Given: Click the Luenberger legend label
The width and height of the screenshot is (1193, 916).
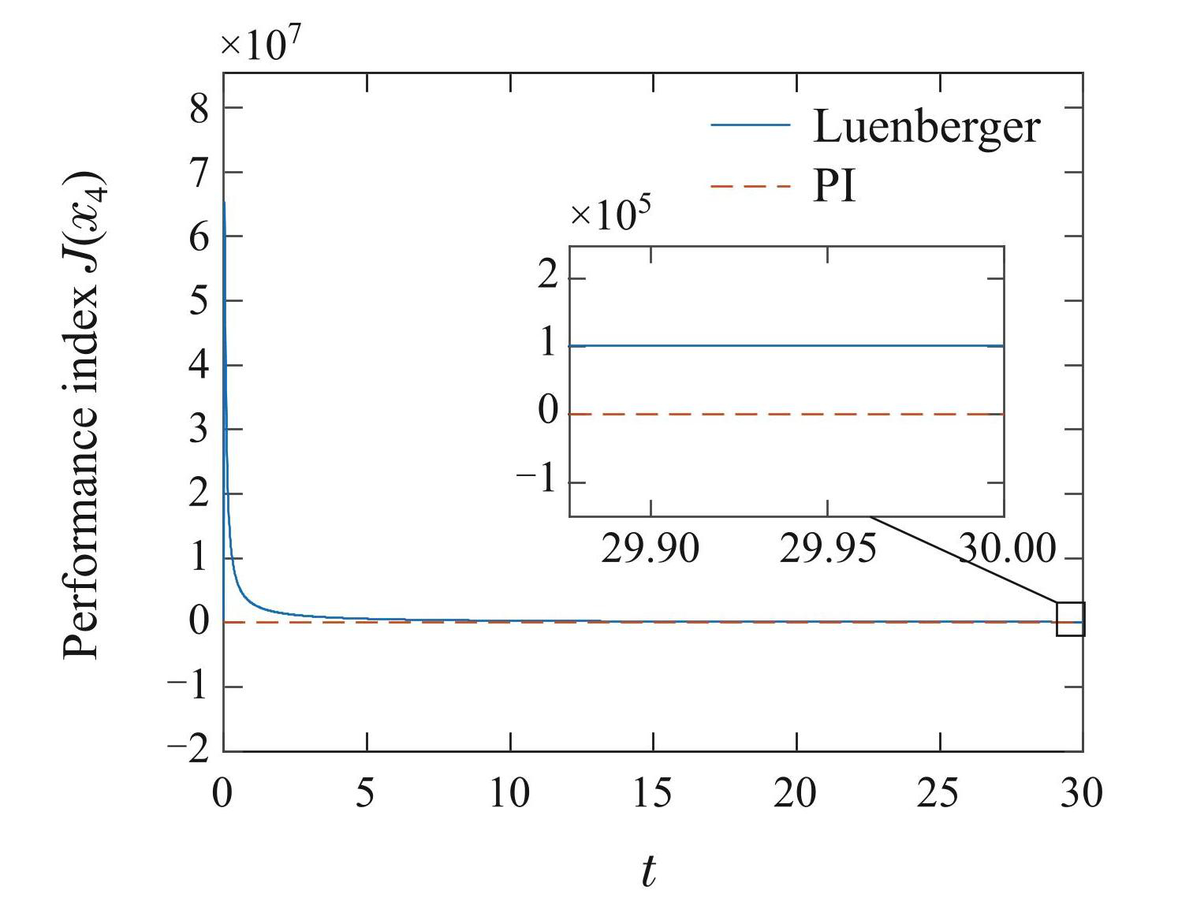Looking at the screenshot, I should point(926,126).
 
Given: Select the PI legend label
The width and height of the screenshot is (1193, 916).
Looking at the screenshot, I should point(834,188).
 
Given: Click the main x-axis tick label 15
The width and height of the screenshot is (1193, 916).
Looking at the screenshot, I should point(653,793).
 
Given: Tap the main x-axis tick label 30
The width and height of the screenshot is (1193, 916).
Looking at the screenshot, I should point(1080,793).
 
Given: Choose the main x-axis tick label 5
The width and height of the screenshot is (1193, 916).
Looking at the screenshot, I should point(365,793).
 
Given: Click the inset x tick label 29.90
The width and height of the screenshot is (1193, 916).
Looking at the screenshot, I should point(650,549).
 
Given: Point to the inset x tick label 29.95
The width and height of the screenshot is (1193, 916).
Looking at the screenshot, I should point(827,549).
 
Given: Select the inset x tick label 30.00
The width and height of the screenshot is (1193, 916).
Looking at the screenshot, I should point(1006,549).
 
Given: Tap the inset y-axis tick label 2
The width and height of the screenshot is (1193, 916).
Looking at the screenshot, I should point(548,277).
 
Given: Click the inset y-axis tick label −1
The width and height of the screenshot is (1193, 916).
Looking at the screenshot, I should point(537,480).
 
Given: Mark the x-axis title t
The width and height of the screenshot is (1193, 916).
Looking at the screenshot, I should point(648,872).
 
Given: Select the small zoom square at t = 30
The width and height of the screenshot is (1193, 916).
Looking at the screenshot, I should point(1070,619).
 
